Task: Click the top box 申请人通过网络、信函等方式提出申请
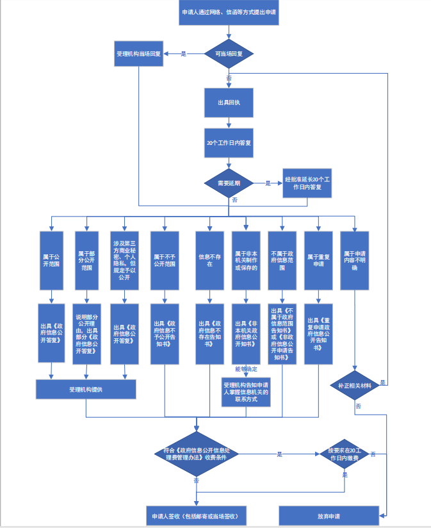[x=229, y=13]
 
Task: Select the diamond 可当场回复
[x=229, y=54]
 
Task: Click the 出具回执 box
[x=229, y=103]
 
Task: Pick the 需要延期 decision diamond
[x=229, y=183]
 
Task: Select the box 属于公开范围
[x=51, y=260]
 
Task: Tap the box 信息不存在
[x=209, y=260]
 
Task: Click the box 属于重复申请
[x=318, y=260]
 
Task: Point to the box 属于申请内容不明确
[x=355, y=260]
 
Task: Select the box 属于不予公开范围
[x=165, y=260]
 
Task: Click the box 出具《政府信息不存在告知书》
[x=209, y=333]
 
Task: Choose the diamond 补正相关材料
[x=354, y=385]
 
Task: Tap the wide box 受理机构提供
[x=86, y=389]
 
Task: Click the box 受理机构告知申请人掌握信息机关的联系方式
[x=246, y=392]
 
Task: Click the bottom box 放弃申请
[x=329, y=516]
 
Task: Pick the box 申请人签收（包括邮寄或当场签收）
[x=196, y=516]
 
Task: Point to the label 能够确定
[x=245, y=370]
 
